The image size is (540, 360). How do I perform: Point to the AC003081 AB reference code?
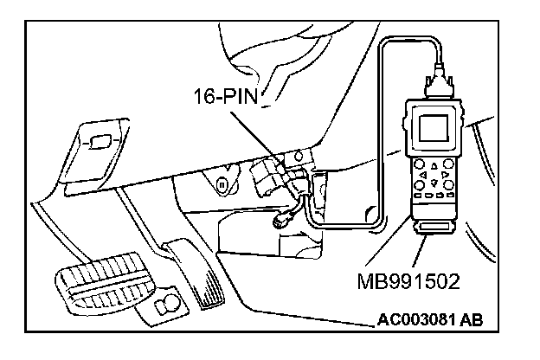tap(430, 321)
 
